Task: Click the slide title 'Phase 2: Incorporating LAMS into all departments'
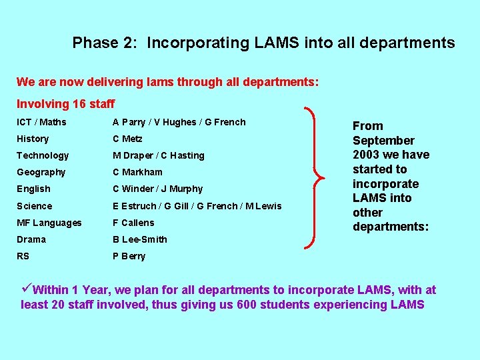pyautogui.click(x=263, y=43)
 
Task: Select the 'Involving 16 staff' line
pyautogui.click(x=65, y=104)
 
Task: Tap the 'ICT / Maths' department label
pyautogui.click(x=41, y=122)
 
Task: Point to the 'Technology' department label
pyautogui.click(x=43, y=155)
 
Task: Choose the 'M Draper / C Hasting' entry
pyautogui.click(x=159, y=155)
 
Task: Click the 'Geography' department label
pyautogui.click(x=41, y=172)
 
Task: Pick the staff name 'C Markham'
pyautogui.click(x=137, y=172)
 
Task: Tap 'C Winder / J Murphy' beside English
pyautogui.click(x=158, y=189)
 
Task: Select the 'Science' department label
pyautogui.click(x=35, y=206)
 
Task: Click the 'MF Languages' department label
pyautogui.click(x=49, y=223)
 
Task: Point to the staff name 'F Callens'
pyautogui.click(x=133, y=223)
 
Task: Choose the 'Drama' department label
pyautogui.click(x=31, y=239)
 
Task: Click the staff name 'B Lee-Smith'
pyautogui.click(x=140, y=239)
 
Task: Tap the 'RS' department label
pyautogui.click(x=23, y=256)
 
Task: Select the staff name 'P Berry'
pyautogui.click(x=129, y=256)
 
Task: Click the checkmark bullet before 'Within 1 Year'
pyautogui.click(x=27, y=289)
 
